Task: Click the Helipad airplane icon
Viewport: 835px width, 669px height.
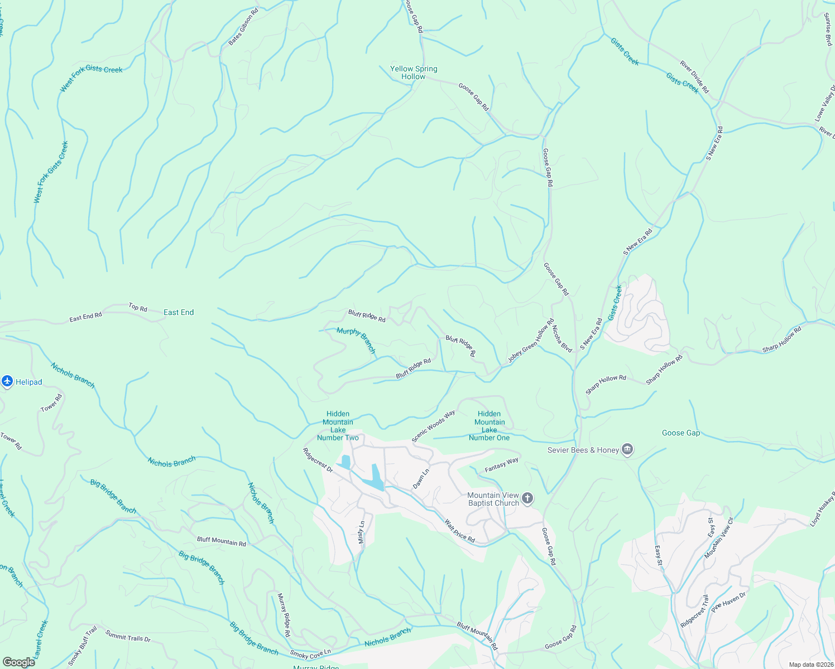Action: [7, 381]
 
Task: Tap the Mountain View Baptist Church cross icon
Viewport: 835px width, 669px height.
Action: [527, 498]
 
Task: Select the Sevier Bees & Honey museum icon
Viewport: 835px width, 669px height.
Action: [627, 449]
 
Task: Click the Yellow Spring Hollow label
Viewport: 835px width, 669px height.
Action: [414, 72]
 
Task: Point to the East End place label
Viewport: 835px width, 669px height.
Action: [179, 312]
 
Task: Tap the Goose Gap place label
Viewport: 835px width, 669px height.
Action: [680, 433]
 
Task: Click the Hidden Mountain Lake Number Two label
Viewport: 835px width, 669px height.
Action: [338, 426]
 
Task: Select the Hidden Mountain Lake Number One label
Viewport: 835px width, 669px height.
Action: [489, 426]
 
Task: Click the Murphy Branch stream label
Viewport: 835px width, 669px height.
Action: [356, 340]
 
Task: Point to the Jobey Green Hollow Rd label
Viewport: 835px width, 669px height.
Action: [531, 341]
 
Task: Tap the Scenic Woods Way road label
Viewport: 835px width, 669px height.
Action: [433, 426]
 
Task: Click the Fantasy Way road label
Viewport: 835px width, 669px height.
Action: [501, 464]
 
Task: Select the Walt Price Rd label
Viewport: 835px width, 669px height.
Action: [459, 531]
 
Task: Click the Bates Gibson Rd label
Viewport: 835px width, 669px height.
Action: [243, 27]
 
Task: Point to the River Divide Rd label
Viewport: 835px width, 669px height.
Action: [694, 77]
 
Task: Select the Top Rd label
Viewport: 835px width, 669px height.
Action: [138, 307]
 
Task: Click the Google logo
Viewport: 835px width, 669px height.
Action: [18, 662]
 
